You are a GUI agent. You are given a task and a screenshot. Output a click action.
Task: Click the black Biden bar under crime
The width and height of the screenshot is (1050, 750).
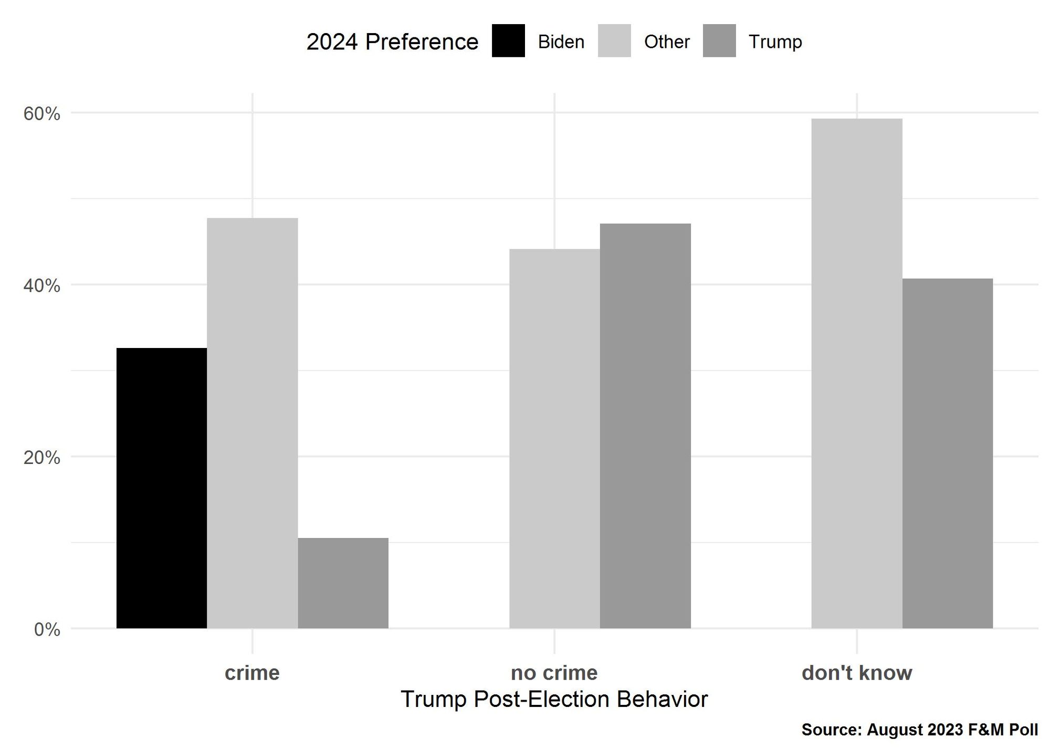click(162, 488)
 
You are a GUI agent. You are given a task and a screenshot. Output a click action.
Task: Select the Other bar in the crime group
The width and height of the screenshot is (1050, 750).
click(253, 423)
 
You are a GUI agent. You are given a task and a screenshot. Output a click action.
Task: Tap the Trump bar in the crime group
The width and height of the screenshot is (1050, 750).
click(343, 583)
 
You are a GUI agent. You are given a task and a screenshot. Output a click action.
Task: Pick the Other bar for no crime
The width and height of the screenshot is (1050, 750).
click(555, 439)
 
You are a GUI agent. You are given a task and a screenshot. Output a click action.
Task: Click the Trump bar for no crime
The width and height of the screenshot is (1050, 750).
click(645, 426)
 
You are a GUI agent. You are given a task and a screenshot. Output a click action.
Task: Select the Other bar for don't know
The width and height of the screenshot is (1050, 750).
click(857, 373)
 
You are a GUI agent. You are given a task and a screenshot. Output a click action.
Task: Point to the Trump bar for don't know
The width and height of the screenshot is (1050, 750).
click(948, 453)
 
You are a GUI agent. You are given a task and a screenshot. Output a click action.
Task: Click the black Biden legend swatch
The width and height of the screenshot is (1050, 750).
click(508, 41)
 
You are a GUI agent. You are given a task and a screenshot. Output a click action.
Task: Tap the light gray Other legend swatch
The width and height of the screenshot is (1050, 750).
click(614, 41)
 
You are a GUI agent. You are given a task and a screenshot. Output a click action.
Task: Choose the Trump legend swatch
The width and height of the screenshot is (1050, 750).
click(719, 41)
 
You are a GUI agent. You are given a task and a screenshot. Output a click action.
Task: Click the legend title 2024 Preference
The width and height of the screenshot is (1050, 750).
click(392, 42)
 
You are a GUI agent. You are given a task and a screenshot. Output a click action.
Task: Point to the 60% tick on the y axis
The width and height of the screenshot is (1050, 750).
click(42, 114)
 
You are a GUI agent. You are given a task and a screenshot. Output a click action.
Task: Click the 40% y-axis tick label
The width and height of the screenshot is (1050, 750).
click(42, 286)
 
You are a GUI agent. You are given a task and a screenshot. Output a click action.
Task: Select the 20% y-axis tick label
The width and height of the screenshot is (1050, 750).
click(42, 458)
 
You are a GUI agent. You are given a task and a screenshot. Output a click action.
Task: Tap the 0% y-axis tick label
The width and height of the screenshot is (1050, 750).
click(47, 629)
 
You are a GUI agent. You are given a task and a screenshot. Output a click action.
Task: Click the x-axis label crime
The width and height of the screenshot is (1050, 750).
click(252, 673)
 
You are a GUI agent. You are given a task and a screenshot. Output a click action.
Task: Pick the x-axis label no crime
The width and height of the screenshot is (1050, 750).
click(554, 673)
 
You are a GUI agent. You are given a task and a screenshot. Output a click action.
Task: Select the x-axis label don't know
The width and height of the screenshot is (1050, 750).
click(857, 673)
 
